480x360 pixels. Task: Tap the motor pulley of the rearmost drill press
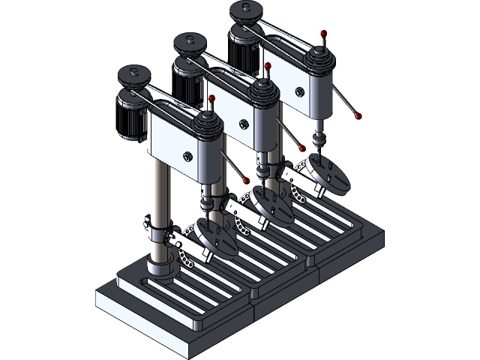click(246, 10)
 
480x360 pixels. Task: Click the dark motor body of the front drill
click(135, 116)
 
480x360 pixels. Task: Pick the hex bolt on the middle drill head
click(242, 124)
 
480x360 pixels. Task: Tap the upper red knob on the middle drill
click(268, 67)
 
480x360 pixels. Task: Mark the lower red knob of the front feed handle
click(245, 181)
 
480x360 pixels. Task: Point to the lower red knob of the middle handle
click(303, 148)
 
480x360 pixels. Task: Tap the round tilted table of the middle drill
click(271, 208)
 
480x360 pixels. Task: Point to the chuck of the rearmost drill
click(319, 138)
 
